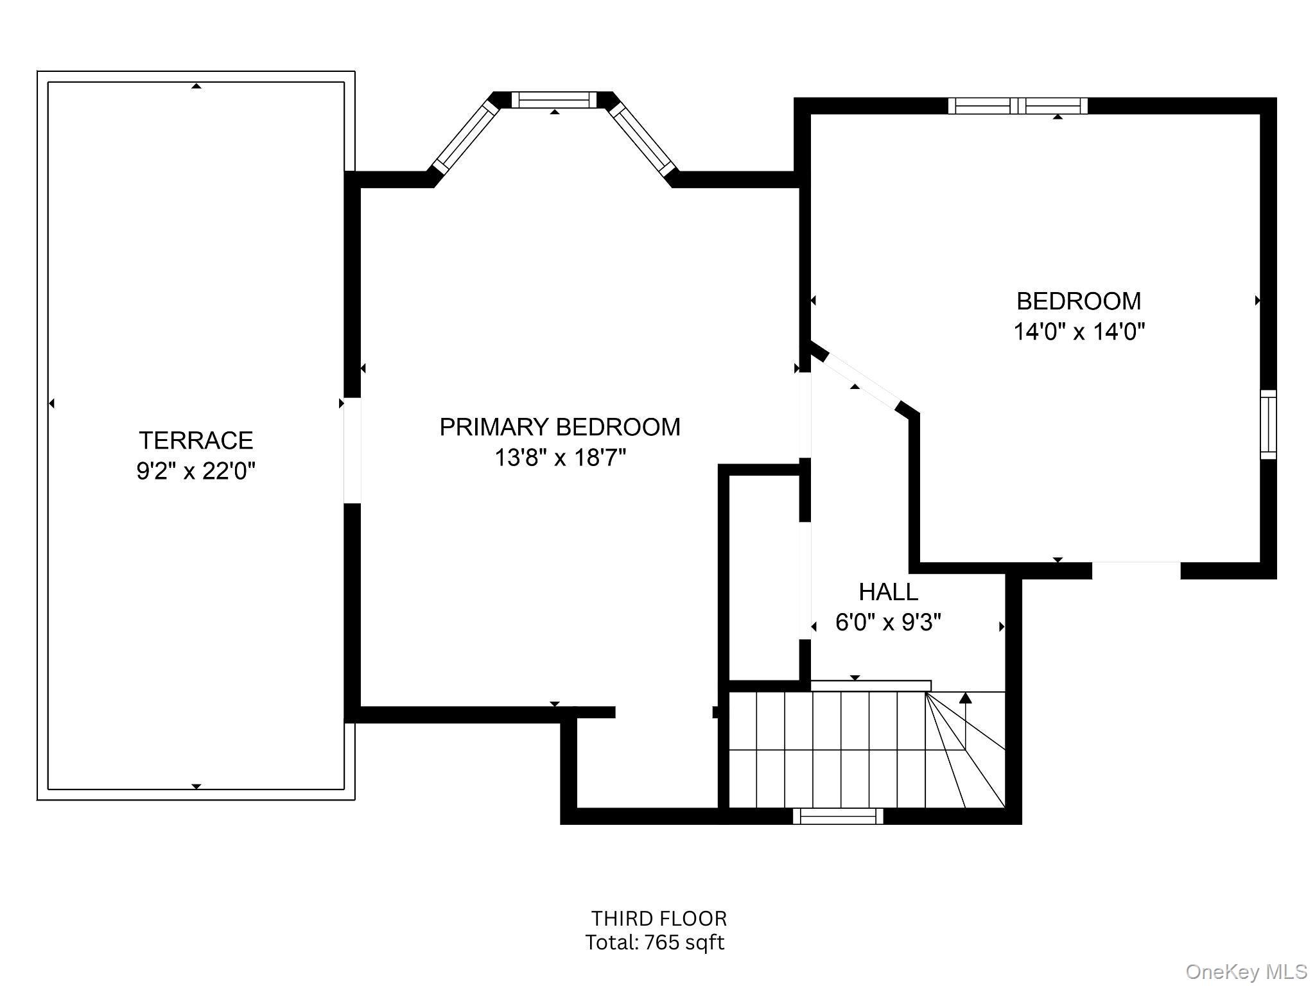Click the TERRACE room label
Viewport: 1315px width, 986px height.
click(x=196, y=440)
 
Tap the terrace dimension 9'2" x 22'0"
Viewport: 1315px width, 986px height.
click(x=196, y=472)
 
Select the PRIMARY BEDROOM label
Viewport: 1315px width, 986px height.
click(x=559, y=427)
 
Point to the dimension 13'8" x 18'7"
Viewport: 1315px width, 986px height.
click(x=559, y=458)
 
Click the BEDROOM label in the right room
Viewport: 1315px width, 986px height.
click(x=1079, y=301)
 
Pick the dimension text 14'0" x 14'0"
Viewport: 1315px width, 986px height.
click(x=1079, y=332)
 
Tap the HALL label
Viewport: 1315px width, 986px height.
click(x=888, y=591)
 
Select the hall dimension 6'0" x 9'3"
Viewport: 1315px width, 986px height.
click(x=888, y=622)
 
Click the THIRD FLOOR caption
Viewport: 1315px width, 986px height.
click(x=659, y=919)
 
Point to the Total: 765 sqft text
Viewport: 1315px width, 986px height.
click(x=654, y=942)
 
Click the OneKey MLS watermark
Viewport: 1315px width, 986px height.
click(x=1246, y=972)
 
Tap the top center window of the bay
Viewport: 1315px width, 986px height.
click(x=553, y=99)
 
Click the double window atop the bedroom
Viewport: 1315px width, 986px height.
click(x=1018, y=105)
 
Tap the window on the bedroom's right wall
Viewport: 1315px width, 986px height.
click(x=1268, y=424)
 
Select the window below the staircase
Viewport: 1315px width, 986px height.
click(x=838, y=816)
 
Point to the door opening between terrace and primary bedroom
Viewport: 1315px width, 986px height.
click(x=352, y=450)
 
